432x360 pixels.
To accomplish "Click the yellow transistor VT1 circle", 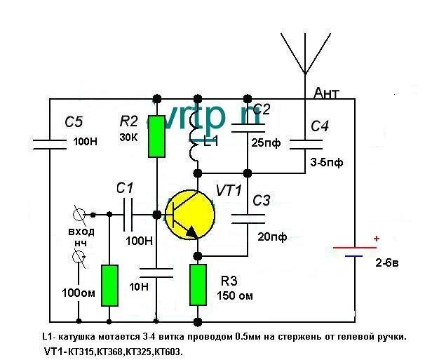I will [x=189, y=215].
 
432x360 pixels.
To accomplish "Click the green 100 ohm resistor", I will [x=110, y=286].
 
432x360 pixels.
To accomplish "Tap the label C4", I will [x=320, y=126].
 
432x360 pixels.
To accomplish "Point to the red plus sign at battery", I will [x=377, y=239].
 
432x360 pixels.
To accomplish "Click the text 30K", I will [x=129, y=137].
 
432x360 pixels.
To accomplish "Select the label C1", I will [x=124, y=188].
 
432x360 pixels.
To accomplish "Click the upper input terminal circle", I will [x=80, y=214].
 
